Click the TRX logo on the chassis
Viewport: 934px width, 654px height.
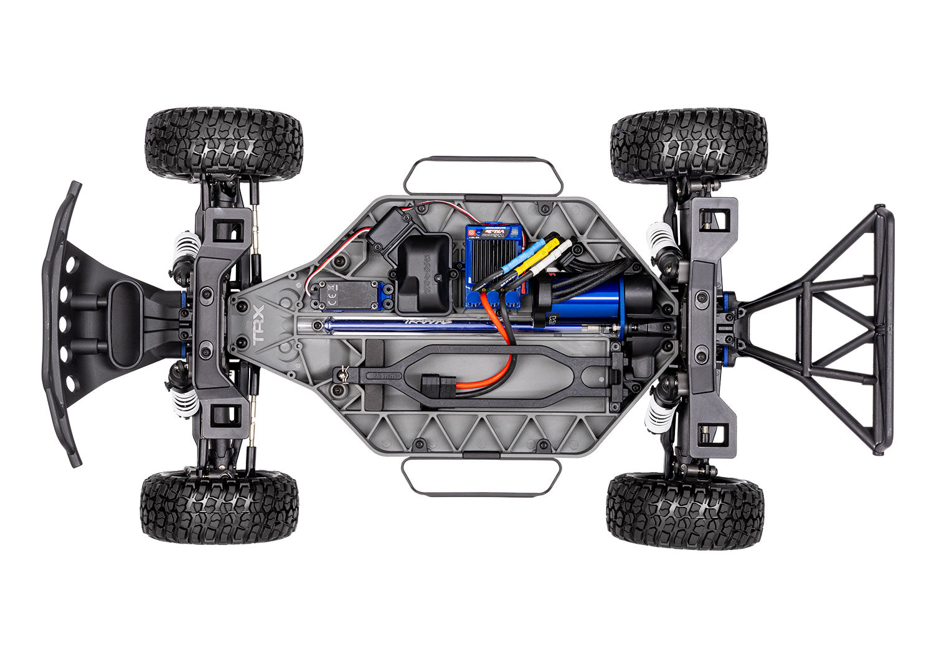[x=258, y=325]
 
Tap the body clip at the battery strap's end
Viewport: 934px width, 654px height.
[x=341, y=374]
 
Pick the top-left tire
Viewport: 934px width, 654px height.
[x=224, y=145]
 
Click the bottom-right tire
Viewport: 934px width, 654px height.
[x=684, y=509]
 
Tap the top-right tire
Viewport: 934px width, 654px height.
[x=691, y=147]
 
